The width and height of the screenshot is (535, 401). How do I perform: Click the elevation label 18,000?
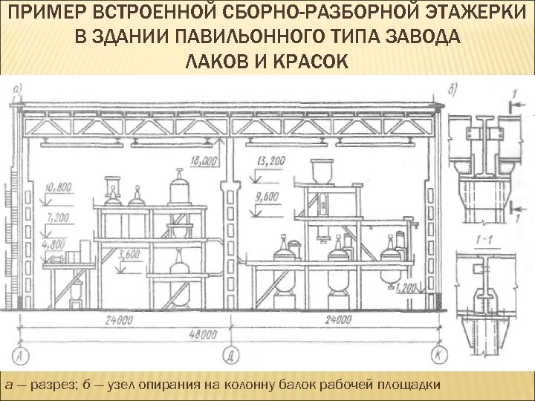coord(204,160)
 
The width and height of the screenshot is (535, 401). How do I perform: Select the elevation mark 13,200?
coord(270,160)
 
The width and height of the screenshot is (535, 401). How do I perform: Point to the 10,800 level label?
coord(58,187)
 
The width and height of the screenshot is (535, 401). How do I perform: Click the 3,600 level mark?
coord(129,255)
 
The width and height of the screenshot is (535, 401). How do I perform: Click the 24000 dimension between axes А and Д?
coord(115,321)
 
